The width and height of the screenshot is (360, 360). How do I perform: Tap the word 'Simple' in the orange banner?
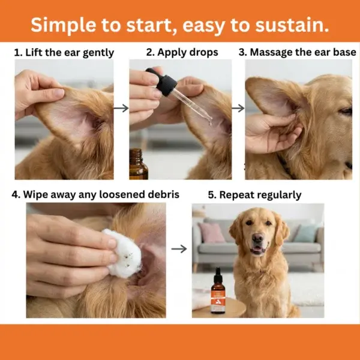pyautogui.click(x=63, y=25)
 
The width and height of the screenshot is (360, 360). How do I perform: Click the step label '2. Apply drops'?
pyautogui.click(x=182, y=52)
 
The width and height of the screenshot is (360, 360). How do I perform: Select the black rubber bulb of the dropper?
pyautogui.click(x=163, y=81)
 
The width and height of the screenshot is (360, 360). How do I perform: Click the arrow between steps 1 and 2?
pyautogui.click(x=121, y=108)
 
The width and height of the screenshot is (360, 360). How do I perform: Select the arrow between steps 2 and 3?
pyautogui.click(x=238, y=108)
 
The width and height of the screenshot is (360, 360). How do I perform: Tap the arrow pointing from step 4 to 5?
pyautogui.click(x=179, y=248)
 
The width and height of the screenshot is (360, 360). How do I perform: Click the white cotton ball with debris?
pyautogui.click(x=122, y=253)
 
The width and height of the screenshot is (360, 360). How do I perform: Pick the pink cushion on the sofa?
pyautogui.click(x=211, y=232)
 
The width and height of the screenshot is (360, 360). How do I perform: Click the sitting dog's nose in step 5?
pyautogui.click(x=257, y=238)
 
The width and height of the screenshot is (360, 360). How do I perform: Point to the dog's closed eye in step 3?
pyautogui.click(x=346, y=111)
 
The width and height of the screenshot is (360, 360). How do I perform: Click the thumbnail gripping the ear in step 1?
pyautogui.click(x=58, y=93)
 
